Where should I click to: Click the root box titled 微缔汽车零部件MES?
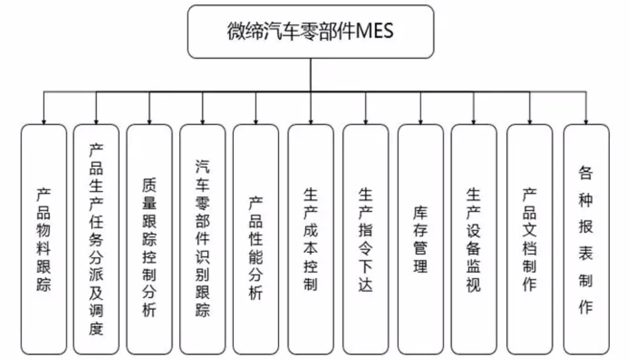coord(311,31)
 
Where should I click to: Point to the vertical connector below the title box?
coord(311,75)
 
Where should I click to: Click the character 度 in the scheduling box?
coord(96,328)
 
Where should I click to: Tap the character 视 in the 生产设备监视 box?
coord(473,284)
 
